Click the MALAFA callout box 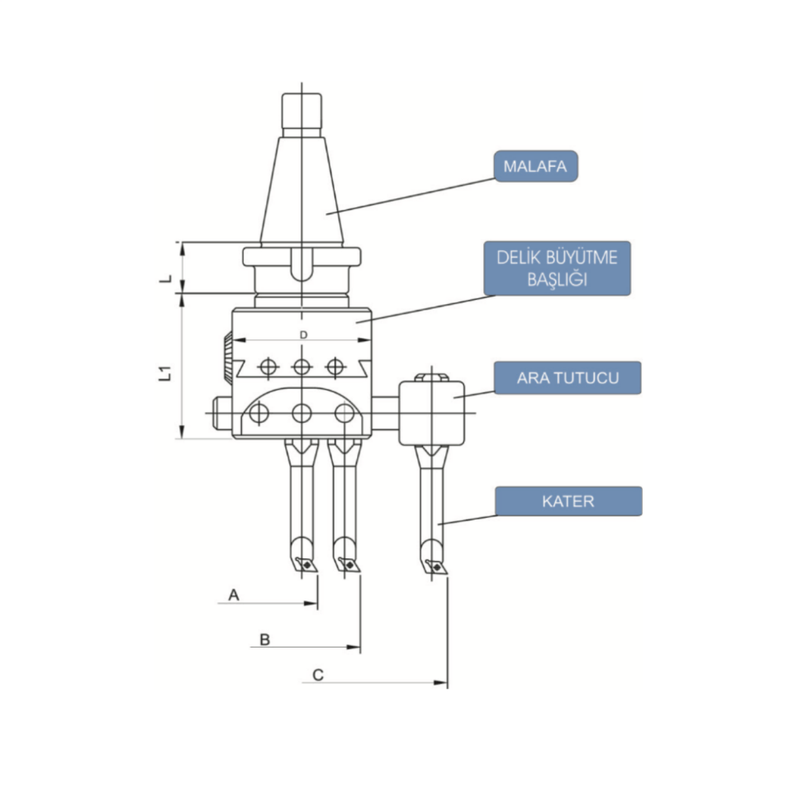(535, 166)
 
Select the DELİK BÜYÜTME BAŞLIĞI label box (557, 268)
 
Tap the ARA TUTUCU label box (567, 379)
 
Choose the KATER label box (568, 501)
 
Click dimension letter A (234, 594)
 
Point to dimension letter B (264, 639)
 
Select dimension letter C (318, 675)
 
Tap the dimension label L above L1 (165, 278)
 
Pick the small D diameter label (303, 335)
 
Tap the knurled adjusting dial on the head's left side (226, 357)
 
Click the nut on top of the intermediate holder (430, 378)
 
